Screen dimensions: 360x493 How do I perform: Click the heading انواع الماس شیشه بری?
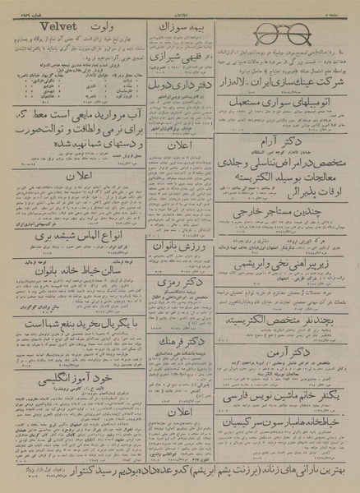(x=75, y=235)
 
